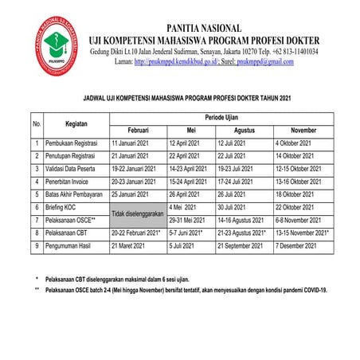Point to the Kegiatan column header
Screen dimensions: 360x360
click(x=76, y=123)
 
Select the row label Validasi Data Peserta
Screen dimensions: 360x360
click(x=76, y=170)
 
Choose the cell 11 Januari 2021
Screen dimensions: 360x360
click(x=131, y=143)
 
